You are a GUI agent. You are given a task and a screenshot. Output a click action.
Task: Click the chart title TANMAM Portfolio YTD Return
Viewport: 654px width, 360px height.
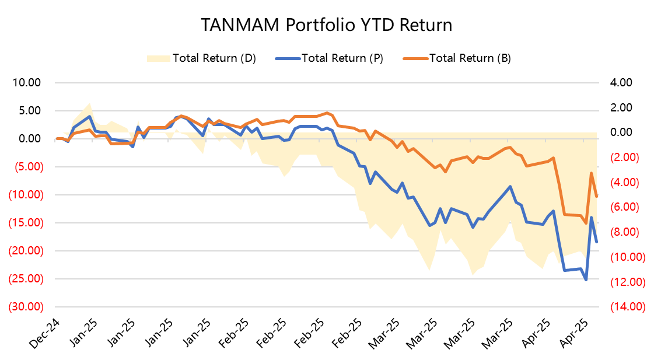(327, 26)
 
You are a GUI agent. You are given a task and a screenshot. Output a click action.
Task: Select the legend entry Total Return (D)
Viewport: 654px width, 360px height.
(214, 58)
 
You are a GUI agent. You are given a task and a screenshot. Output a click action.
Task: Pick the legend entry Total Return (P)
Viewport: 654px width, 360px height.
(342, 58)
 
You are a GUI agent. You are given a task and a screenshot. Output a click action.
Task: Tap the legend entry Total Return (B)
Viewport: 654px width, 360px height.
(470, 58)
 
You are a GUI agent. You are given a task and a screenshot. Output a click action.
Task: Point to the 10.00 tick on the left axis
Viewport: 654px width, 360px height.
(27, 83)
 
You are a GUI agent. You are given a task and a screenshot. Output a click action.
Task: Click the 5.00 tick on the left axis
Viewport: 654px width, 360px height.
(30, 111)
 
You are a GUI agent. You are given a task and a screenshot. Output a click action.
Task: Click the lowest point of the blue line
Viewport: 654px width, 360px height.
(586, 280)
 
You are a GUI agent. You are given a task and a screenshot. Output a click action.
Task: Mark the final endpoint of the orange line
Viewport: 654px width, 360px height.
(596, 197)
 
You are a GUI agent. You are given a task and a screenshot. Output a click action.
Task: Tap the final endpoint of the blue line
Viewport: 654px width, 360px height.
(596, 242)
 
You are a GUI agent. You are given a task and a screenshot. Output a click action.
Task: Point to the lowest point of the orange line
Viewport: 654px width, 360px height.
(586, 223)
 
